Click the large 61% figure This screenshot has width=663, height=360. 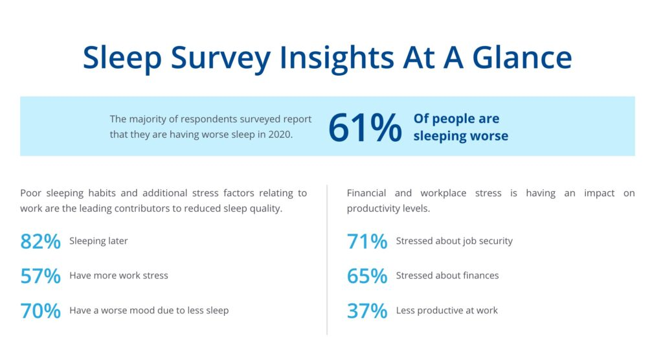[365, 128]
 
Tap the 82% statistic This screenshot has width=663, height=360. [40, 242]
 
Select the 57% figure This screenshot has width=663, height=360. [40, 276]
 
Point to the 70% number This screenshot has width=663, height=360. [40, 311]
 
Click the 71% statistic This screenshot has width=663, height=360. [366, 242]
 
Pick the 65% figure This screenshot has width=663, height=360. [366, 276]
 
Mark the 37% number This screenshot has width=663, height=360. [366, 311]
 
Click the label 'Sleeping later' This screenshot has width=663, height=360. [98, 241]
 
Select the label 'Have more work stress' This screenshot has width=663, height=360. [118, 275]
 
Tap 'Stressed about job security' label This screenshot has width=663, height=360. [454, 241]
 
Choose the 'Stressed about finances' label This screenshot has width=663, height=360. [447, 275]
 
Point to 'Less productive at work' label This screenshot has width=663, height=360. [447, 310]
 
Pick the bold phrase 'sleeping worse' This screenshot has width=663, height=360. [460, 136]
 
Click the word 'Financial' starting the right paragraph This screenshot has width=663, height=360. [367, 193]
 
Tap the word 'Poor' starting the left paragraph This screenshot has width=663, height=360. [31, 193]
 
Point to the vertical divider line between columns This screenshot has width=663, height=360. [327, 259]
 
